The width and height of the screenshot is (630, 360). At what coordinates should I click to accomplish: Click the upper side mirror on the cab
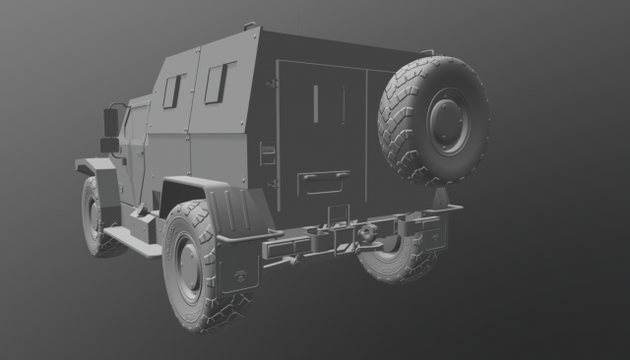pos(111,122)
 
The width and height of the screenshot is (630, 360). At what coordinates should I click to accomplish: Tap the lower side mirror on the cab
pos(108,146)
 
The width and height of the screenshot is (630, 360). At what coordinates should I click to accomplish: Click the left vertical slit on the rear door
pos(316,103)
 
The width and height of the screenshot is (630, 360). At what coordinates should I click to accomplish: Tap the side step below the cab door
pos(133,241)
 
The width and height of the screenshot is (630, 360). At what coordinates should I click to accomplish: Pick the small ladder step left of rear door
pos(266,153)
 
